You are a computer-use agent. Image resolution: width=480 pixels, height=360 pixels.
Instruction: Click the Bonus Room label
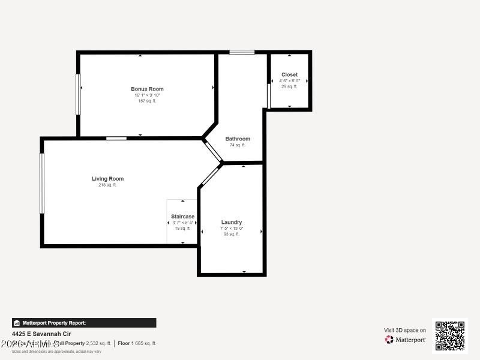point(147,89)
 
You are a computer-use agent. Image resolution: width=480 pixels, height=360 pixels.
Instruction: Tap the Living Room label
point(107,179)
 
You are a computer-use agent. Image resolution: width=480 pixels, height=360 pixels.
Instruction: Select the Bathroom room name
point(238,139)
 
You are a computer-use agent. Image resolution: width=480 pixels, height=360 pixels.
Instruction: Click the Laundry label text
point(231,222)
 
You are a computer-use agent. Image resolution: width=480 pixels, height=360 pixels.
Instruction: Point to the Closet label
point(289,75)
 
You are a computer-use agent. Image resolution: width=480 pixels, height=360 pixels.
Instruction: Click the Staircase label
point(182,217)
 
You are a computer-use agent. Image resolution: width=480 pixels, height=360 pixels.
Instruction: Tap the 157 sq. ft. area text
point(147,101)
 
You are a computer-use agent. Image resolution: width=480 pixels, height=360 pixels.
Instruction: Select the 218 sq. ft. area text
point(107,185)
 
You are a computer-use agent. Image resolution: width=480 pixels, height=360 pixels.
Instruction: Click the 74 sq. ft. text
point(238,145)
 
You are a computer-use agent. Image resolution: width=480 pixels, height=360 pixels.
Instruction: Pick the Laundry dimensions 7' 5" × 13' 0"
point(231,229)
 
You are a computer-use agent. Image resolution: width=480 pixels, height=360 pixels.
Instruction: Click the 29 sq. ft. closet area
point(289,86)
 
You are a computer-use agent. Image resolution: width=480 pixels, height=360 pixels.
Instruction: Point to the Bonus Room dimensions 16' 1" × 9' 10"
point(147,95)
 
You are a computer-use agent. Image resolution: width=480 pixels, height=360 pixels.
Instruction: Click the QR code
point(449,335)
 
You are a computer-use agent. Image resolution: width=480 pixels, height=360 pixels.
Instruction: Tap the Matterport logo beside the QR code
point(406,340)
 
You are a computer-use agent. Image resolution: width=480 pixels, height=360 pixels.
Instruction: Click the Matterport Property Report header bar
point(84,323)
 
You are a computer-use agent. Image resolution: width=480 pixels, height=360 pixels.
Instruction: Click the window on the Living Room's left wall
point(42,184)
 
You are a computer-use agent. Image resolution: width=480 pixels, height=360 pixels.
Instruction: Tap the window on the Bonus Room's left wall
point(78,94)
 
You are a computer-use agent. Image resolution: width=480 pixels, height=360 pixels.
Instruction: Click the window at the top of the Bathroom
point(242,52)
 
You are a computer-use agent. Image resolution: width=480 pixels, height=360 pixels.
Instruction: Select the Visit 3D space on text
point(405,330)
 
